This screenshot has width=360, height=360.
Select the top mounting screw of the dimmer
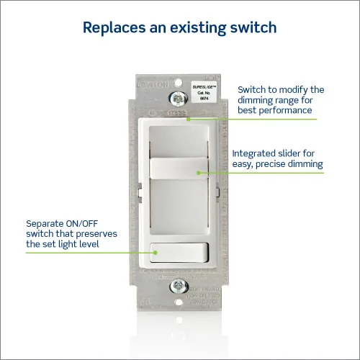[x=174, y=96]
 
